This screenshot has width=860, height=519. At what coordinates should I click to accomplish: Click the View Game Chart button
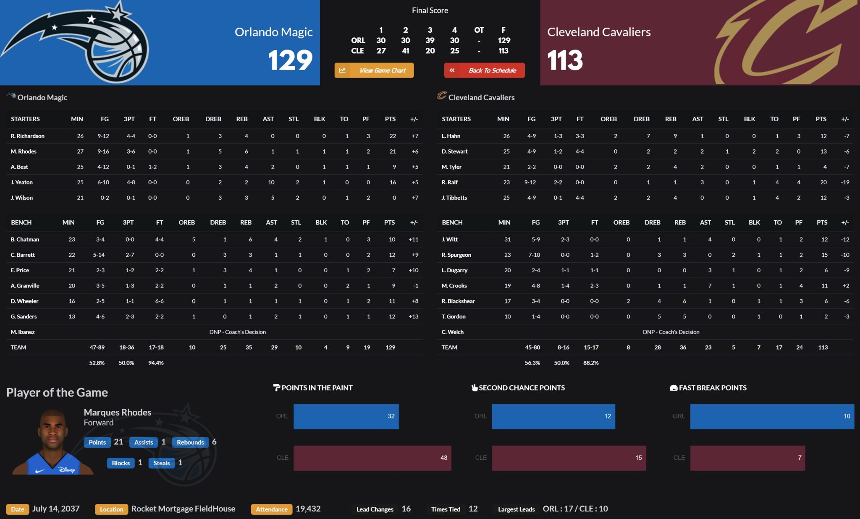click(x=374, y=70)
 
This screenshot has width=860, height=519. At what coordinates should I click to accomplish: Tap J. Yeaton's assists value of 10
click(x=271, y=182)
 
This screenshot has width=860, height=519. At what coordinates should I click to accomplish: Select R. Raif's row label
click(x=449, y=182)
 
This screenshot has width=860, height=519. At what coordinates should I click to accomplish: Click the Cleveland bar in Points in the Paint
click(x=372, y=458)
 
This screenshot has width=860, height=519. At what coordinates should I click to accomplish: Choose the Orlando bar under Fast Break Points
click(x=772, y=416)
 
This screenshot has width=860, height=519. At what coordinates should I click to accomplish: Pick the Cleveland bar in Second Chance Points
click(x=569, y=458)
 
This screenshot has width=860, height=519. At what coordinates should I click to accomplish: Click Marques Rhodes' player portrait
click(x=53, y=443)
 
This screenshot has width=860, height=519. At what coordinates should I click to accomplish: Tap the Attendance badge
click(x=271, y=509)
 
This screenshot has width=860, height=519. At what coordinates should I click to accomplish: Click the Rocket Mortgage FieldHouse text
click(x=183, y=509)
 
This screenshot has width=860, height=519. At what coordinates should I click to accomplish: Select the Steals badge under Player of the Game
click(x=161, y=463)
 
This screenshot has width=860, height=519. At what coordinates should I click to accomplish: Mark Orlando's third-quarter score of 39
click(x=430, y=40)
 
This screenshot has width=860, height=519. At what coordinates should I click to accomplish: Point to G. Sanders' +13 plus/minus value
click(x=413, y=316)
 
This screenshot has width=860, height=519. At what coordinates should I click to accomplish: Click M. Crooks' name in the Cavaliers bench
click(x=454, y=286)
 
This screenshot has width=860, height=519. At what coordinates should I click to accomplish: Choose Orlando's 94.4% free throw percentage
click(x=156, y=363)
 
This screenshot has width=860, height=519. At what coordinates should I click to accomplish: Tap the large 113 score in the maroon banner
click(x=565, y=60)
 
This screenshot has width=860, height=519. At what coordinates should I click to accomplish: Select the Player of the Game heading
click(x=57, y=392)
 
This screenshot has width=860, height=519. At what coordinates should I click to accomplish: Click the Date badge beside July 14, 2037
click(x=17, y=509)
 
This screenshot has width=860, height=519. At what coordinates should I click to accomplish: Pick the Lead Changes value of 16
click(x=406, y=509)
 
